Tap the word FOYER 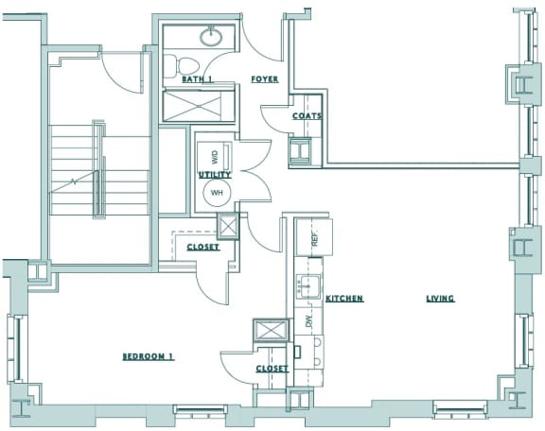coord(264,80)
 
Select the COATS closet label coord(307,116)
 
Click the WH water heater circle coord(217,193)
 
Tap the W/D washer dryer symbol coord(215,154)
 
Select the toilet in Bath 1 coord(184,66)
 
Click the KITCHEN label coord(344,299)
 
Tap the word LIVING coord(440,299)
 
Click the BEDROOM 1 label coord(149,356)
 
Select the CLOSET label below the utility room coord(202,248)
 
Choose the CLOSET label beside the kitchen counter coord(272,369)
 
